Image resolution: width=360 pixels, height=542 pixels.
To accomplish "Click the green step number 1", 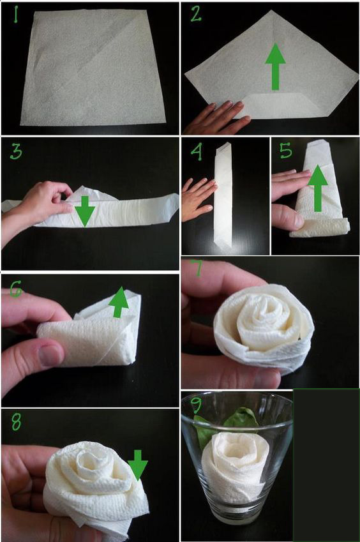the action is pos(16,15).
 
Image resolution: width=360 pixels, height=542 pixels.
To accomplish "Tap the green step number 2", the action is pos(196,14).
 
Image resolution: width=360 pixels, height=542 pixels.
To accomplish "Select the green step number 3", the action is pos(16,152).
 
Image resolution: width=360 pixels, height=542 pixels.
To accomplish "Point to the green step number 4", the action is pos(196,152).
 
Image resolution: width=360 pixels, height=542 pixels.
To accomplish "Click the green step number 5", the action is pos(286,151).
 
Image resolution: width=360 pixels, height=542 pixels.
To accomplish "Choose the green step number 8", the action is pos(16,422).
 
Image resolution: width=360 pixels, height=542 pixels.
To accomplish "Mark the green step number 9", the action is pos(196,405).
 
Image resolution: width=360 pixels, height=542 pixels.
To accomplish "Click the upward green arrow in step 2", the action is pos(275,67).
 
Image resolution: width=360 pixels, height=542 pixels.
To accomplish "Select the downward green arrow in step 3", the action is pos(85,211).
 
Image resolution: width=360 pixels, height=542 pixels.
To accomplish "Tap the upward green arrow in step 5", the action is pos(317,189).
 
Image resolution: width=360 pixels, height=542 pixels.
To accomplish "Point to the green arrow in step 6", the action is pos(119,302).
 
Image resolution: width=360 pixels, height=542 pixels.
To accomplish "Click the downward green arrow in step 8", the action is pos(138,465).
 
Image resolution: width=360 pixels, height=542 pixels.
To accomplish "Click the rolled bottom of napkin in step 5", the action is pos(320,228).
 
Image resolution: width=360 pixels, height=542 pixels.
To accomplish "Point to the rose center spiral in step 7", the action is pos(266,315).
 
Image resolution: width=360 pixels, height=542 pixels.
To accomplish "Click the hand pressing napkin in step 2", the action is pos(218,118).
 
